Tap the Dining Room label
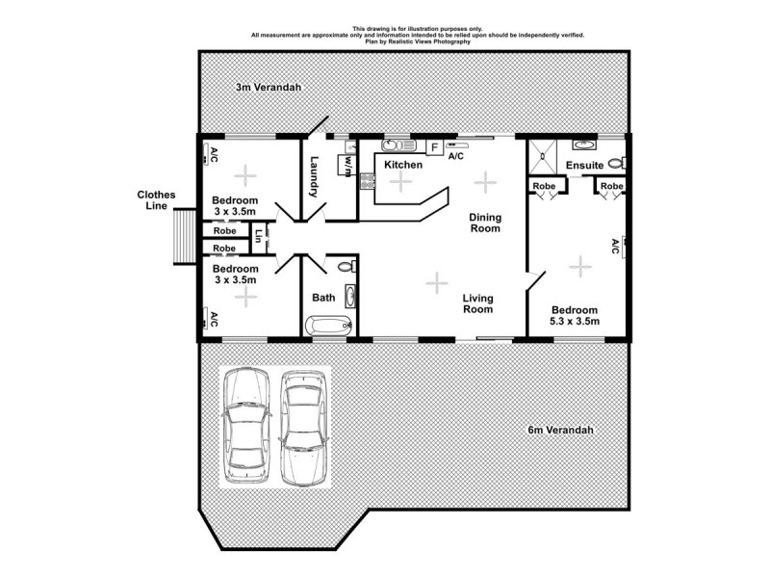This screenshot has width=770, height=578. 484,223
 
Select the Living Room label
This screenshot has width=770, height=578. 476,303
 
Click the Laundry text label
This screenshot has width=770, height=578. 314,179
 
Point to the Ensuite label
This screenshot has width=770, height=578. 584,166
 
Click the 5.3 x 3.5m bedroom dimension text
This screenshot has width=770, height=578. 575,322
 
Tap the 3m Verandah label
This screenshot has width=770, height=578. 269,88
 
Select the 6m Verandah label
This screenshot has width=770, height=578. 559,430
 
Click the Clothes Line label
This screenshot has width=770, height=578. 155,199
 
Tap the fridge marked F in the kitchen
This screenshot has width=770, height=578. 434,147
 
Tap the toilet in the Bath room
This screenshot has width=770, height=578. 350,265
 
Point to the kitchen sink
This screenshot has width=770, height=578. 395,147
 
